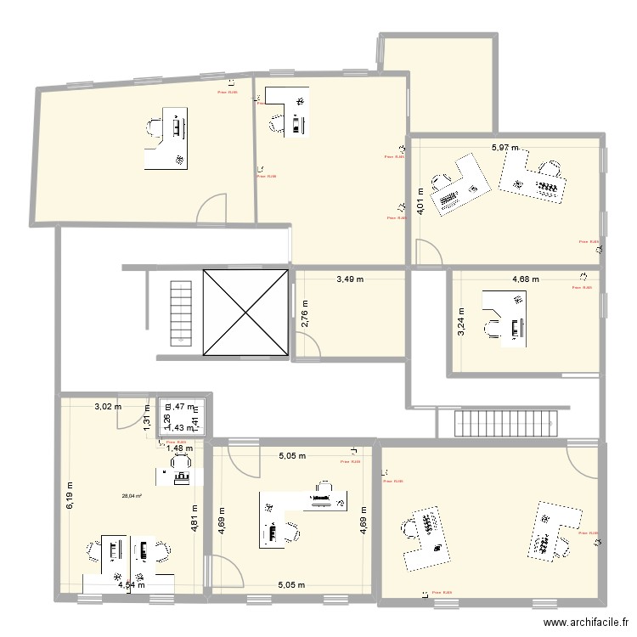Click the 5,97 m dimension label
click(x=505, y=148)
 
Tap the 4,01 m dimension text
click(x=420, y=200)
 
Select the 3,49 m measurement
click(x=349, y=278)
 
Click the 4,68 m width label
click(x=526, y=278)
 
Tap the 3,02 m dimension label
click(x=108, y=407)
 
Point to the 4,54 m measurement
click(x=131, y=584)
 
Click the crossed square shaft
click(x=245, y=313)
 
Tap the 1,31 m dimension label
click(x=148, y=419)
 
